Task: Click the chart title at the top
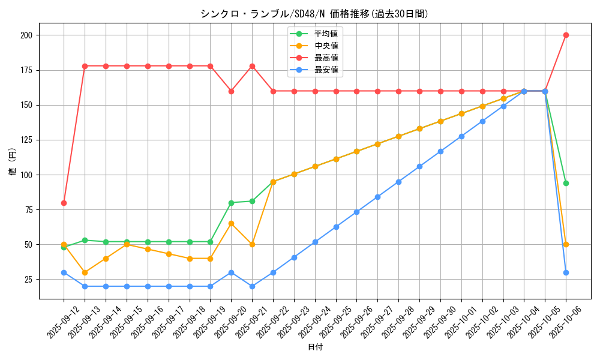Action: [x=314, y=14]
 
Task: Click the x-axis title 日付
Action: [x=315, y=347]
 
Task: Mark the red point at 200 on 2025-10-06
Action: [x=566, y=35]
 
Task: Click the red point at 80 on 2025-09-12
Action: [x=64, y=203]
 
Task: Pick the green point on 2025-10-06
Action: [x=566, y=183]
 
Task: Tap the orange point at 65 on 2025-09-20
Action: [x=231, y=224]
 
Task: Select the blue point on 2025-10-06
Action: [x=566, y=272]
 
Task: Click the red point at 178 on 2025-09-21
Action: [x=252, y=66]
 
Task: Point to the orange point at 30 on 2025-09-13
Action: [x=85, y=272]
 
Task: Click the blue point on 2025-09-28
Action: [x=398, y=182]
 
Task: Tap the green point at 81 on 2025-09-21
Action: [x=252, y=201]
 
